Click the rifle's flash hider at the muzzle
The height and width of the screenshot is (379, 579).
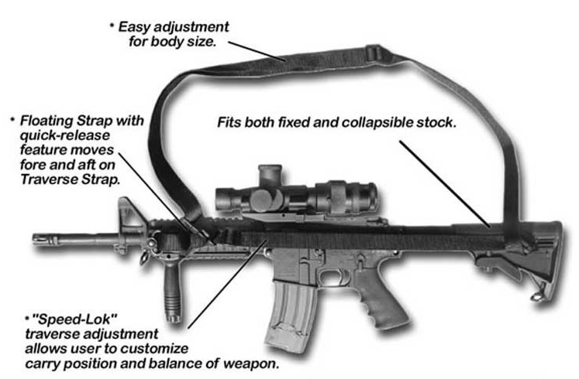[x=42, y=235]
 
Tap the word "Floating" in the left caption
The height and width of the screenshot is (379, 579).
[x=46, y=121]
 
